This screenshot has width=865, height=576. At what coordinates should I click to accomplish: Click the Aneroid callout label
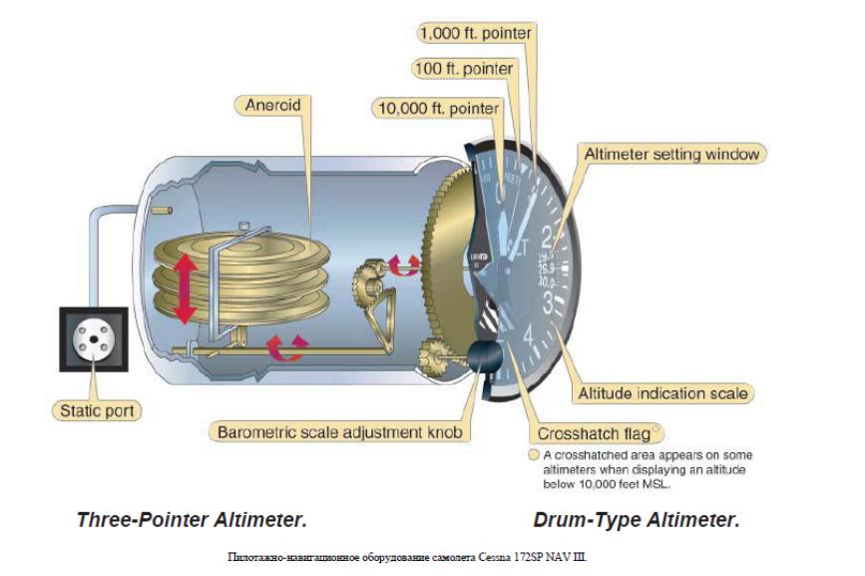272,104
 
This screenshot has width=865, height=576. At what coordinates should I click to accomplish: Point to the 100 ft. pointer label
463,69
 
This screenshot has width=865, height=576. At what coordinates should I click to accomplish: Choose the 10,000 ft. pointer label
435,107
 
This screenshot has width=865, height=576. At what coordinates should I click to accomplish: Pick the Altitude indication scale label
662,393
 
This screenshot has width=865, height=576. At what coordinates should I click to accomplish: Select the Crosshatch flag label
594,433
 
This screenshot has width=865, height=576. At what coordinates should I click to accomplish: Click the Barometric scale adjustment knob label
342,433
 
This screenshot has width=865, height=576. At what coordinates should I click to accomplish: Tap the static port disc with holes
93,340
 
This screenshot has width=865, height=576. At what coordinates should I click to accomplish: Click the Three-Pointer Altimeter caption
192,520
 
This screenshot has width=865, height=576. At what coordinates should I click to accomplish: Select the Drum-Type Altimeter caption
637,520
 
